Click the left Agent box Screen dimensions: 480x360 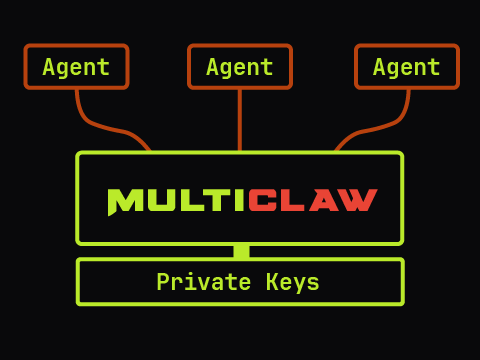click(76, 67)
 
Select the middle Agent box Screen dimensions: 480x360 click(240, 67)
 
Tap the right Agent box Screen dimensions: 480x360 click(406, 67)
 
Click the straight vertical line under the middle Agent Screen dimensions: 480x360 click(240, 120)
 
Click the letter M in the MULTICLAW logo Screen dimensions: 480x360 click(124, 201)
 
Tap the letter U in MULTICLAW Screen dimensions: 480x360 click(158, 201)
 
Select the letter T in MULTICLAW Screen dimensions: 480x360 click(212, 201)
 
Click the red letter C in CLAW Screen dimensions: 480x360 click(262, 201)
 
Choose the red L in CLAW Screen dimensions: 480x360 click(293, 201)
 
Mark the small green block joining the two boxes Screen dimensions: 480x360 click(241, 251)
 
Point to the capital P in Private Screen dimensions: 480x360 click(162, 283)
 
